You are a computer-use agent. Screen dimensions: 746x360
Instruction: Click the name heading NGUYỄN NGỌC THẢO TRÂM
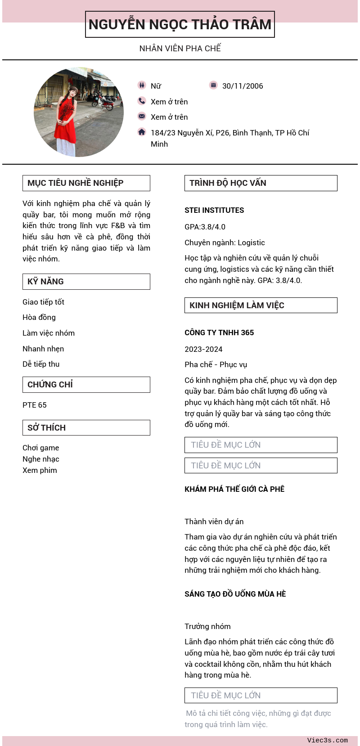pos(180,24)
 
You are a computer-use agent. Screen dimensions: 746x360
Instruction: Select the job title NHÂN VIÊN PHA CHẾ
pos(180,48)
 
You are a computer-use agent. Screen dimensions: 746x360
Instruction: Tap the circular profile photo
pos(79,112)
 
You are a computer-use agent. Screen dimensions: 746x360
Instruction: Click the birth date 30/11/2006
pos(243,86)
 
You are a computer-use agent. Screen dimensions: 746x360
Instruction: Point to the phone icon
pos(142,101)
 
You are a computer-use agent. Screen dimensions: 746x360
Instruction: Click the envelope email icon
pos(142,116)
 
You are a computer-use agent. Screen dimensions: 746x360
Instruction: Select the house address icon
pos(142,132)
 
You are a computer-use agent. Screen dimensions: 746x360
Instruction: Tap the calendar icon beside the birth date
pos(213,85)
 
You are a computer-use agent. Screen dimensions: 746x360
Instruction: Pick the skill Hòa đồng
pos(39,317)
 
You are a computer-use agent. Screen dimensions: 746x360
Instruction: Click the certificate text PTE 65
pos(35,405)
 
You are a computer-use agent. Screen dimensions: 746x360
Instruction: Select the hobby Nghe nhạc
pos(41,459)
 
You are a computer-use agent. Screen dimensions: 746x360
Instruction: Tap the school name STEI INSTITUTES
pos(214,210)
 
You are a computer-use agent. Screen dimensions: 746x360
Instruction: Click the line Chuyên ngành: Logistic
pos(225,243)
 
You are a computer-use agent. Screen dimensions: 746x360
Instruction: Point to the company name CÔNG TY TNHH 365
pos(219,333)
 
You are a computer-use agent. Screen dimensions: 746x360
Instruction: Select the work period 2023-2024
pos(203,349)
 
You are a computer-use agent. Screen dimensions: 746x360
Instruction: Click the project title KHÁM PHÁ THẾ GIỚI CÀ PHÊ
pos(234,489)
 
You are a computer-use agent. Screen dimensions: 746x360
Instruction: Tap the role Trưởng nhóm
pos(207,626)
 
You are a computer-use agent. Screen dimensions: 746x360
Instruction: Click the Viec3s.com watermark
pos(327,740)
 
